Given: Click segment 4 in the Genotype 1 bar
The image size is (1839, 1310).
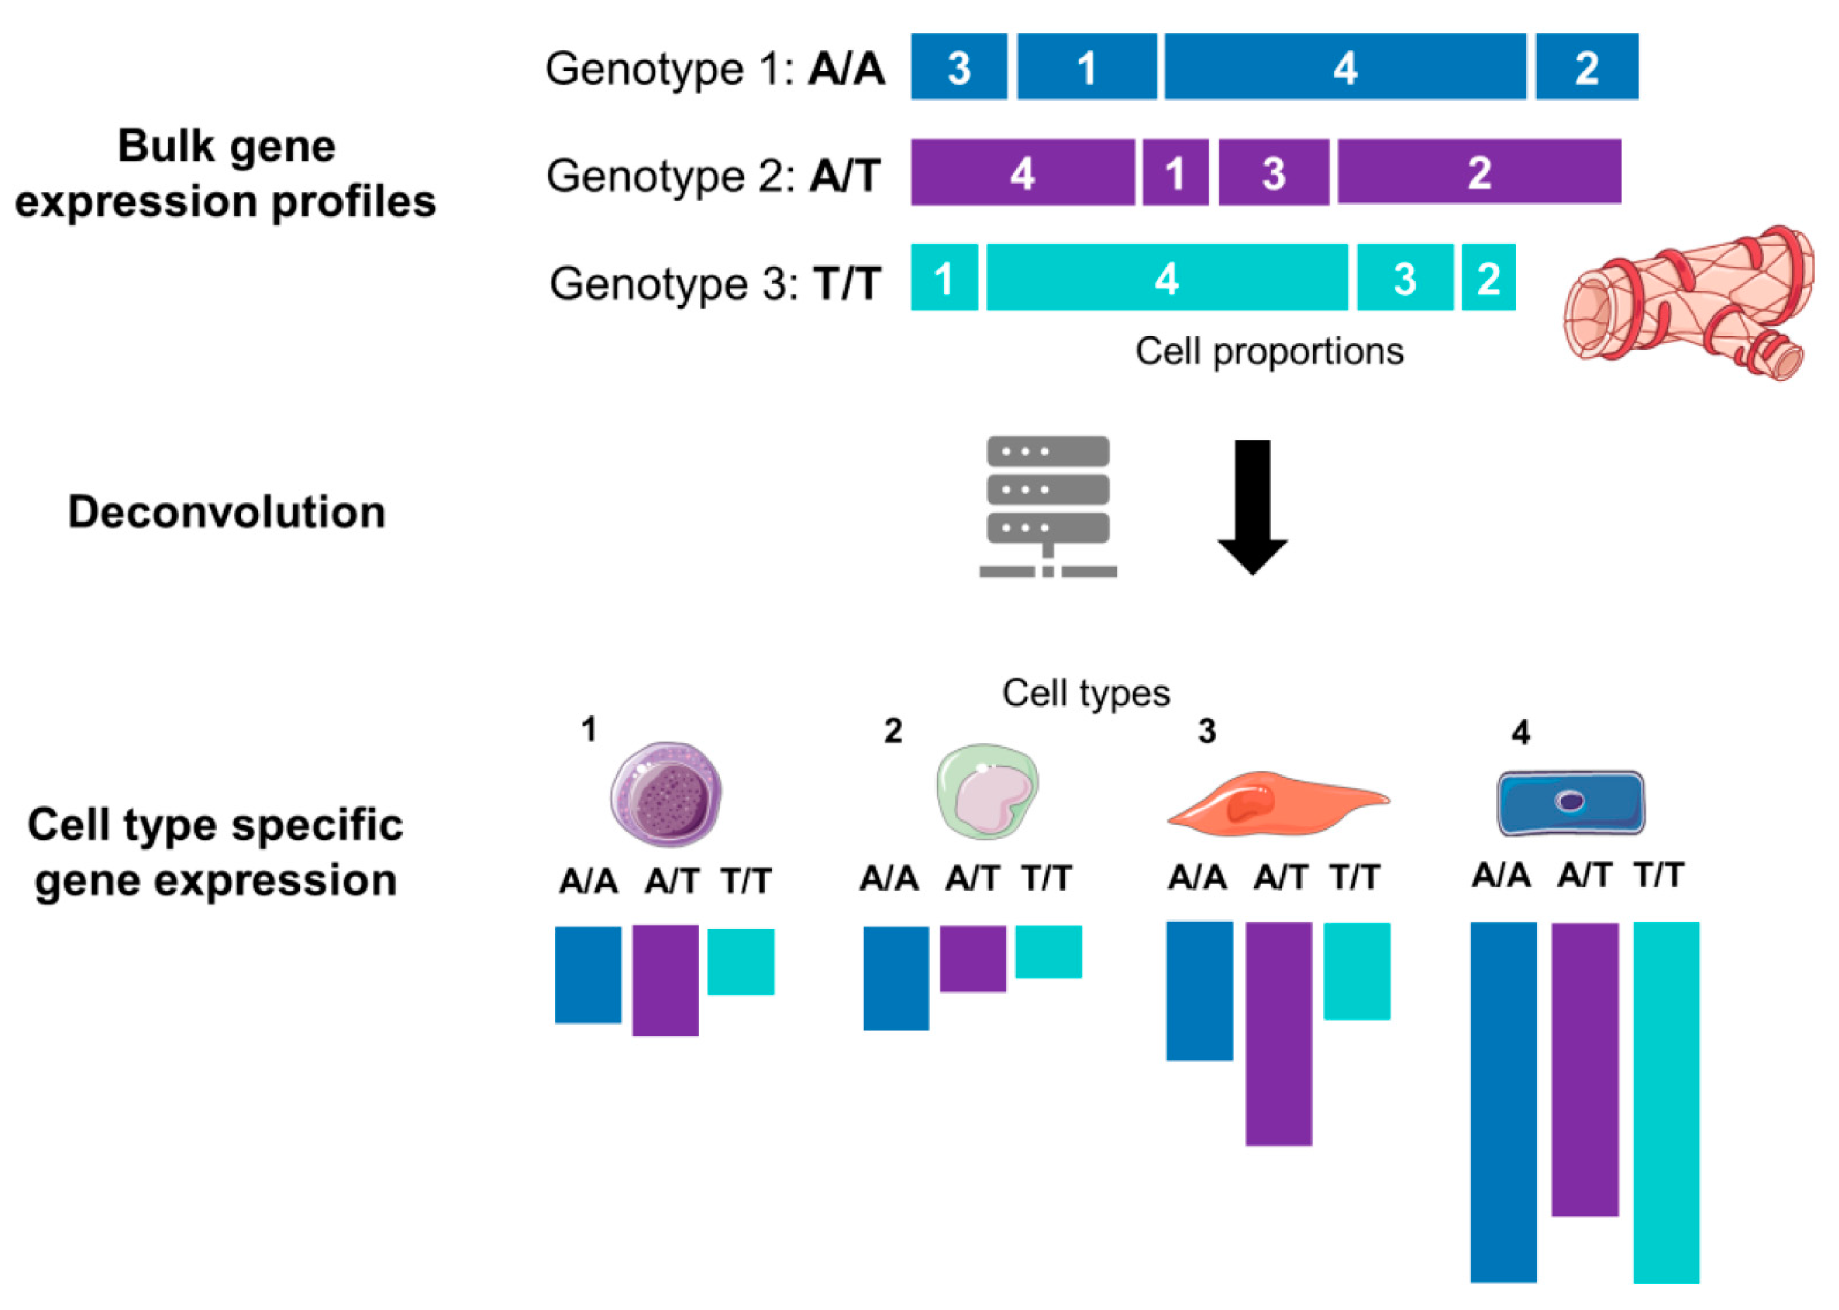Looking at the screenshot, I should tap(1344, 66).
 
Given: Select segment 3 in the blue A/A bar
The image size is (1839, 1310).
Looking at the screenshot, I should tap(959, 66).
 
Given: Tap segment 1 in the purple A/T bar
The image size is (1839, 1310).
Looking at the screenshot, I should tap(1175, 172).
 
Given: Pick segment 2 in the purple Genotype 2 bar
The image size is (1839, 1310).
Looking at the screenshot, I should tap(1478, 172).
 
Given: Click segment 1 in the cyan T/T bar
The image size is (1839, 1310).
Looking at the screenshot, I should tap(944, 277).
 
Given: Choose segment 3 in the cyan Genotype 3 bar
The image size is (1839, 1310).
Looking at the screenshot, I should tap(1404, 277).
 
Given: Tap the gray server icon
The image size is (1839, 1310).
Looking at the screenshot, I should tap(1048, 506).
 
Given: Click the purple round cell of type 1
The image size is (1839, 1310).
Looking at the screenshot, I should tap(666, 794).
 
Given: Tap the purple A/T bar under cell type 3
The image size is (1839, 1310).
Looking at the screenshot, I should tap(1278, 1033).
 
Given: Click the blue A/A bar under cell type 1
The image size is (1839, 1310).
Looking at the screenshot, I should tap(587, 974).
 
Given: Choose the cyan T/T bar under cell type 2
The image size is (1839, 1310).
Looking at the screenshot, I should tap(1048, 952).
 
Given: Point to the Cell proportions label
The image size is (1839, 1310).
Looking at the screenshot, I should tap(1269, 352).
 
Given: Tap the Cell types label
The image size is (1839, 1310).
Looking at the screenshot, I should tap(1085, 693).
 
